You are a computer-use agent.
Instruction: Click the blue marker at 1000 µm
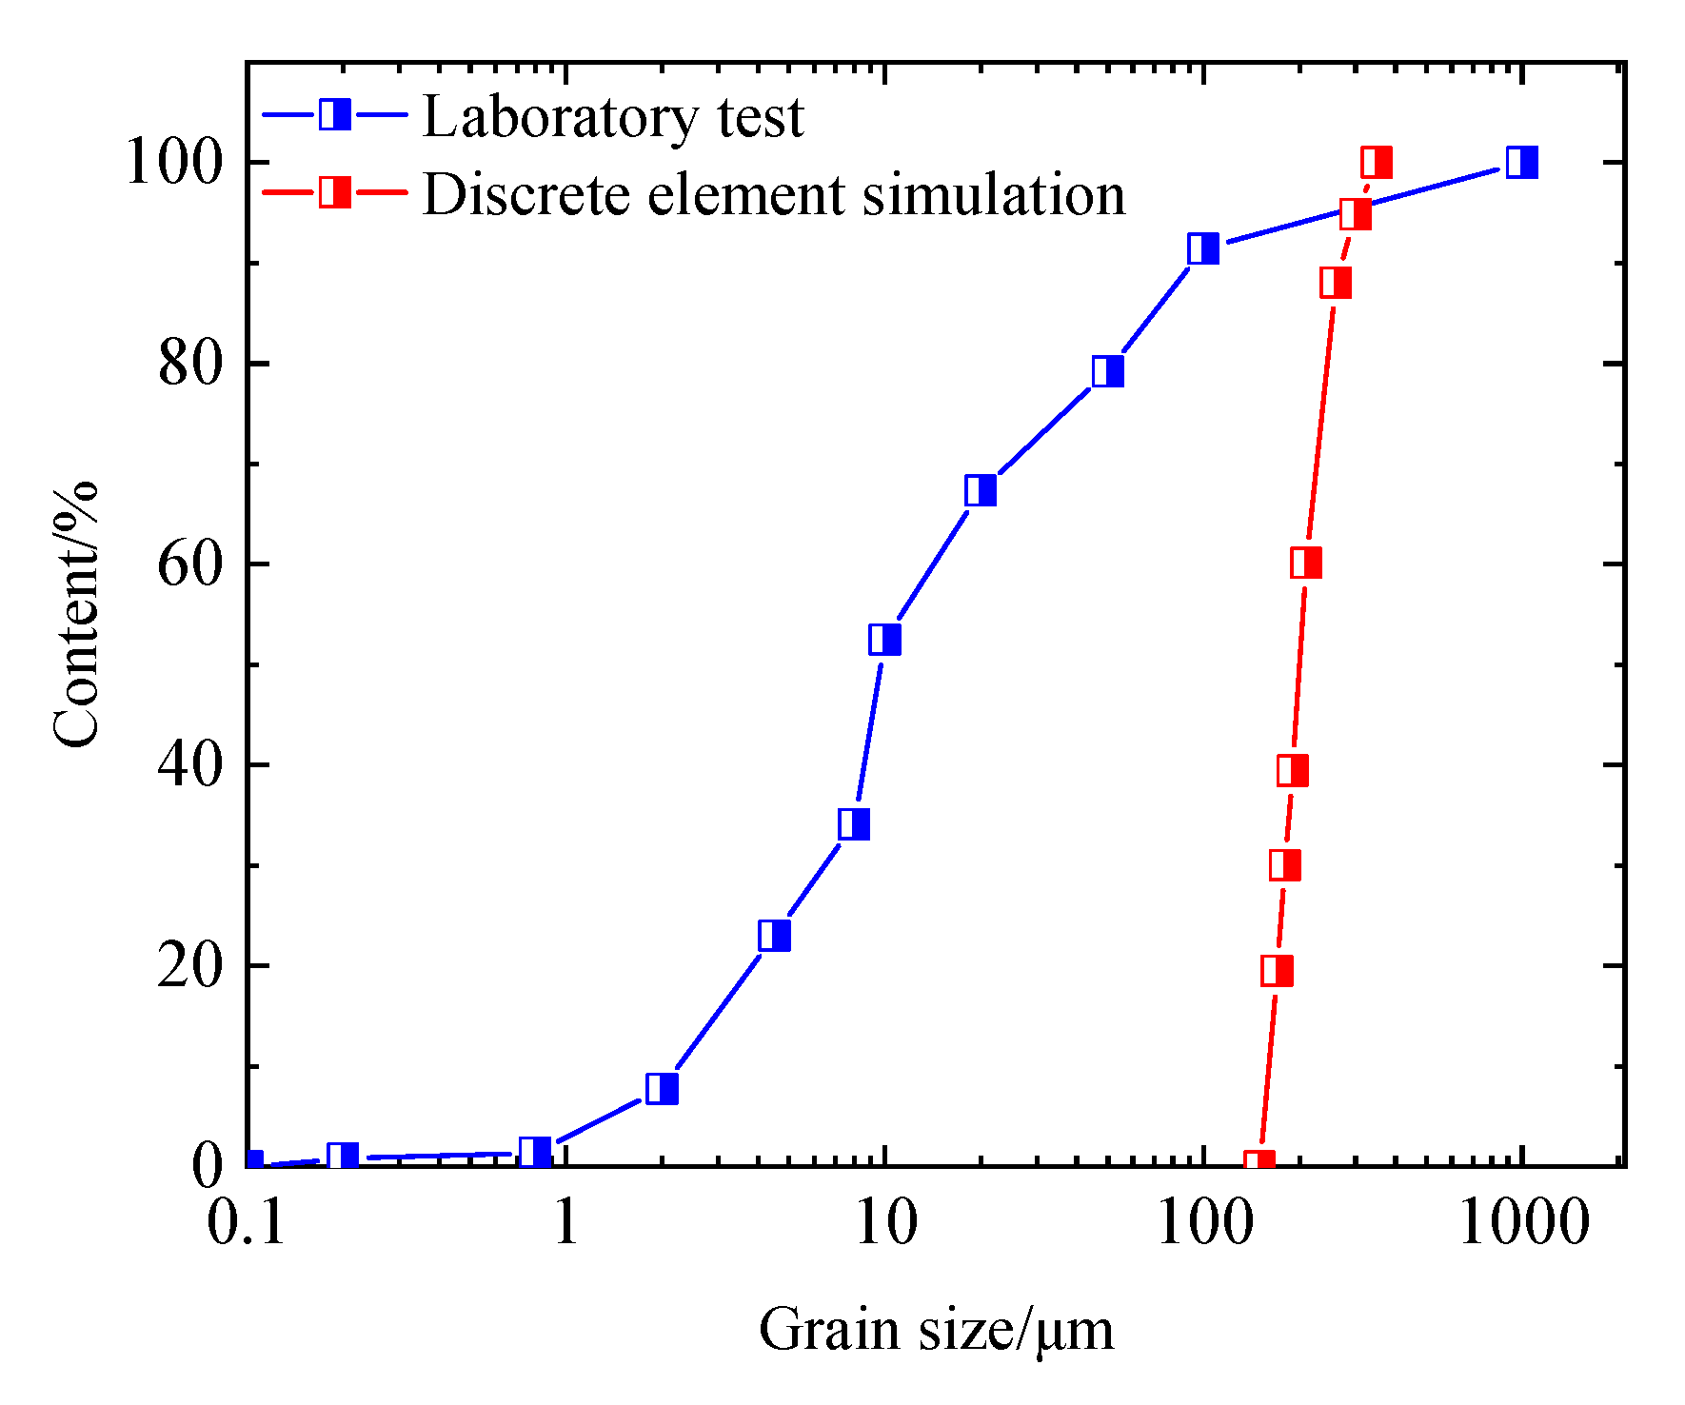1522,163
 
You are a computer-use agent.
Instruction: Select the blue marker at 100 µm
1203,248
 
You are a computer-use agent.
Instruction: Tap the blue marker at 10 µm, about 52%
884,640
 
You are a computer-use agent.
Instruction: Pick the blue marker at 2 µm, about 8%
662,1088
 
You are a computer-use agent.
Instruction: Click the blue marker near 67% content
981,490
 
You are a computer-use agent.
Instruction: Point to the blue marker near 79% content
1108,371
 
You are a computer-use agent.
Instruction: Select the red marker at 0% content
1259,1163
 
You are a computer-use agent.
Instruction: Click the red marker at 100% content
1377,163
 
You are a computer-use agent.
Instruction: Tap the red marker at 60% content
1306,564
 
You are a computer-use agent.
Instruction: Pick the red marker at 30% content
1285,865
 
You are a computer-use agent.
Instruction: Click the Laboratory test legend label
613,117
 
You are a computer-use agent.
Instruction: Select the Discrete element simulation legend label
773,195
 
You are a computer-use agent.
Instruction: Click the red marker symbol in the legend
334,193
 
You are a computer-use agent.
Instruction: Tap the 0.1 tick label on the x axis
247,1223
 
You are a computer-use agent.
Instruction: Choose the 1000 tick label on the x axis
1523,1223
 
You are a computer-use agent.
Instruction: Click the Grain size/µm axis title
936,1331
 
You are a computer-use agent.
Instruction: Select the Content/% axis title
76,615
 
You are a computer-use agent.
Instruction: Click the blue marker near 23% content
775,936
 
